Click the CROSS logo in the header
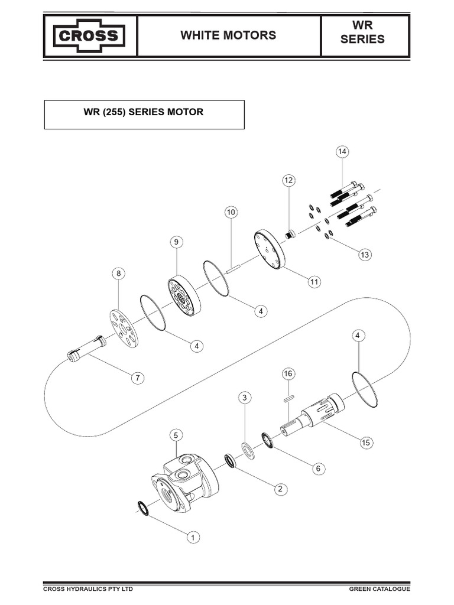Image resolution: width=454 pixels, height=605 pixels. tap(90, 37)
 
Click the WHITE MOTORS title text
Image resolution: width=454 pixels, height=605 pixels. tap(228, 35)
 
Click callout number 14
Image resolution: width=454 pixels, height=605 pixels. tap(342, 152)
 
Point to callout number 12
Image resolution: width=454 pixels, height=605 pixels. tap(288, 180)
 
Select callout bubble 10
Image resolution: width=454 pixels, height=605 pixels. tap(231, 212)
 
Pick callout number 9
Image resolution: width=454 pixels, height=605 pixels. tap(176, 242)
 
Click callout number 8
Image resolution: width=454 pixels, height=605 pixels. tap(118, 273)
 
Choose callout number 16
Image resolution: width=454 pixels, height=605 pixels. tap(288, 373)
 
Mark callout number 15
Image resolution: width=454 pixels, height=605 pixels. tap(365, 442)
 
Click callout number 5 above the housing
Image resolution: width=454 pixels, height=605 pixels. tap(176, 435)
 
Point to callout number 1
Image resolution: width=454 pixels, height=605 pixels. tap(192, 537)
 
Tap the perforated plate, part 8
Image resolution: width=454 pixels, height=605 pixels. tap(124, 327)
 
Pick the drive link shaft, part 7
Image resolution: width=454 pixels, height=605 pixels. tap(87, 349)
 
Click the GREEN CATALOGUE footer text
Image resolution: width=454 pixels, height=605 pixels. tap(379, 589)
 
